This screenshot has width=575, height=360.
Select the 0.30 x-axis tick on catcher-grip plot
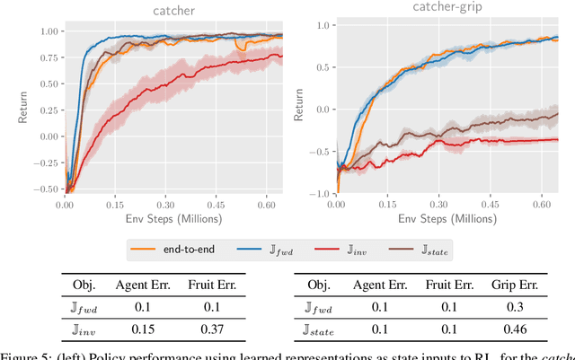point(439,205)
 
